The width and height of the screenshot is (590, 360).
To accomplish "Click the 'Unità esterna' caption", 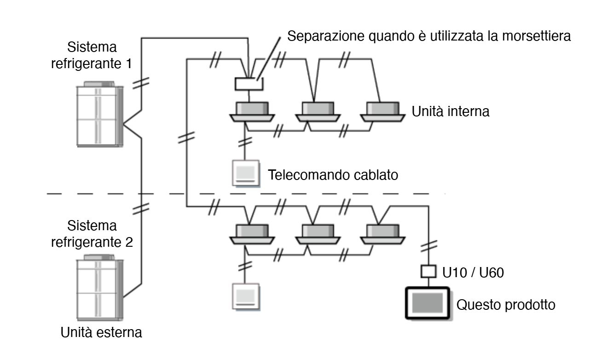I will point(101,332).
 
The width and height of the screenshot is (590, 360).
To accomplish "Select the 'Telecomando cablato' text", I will point(333,175).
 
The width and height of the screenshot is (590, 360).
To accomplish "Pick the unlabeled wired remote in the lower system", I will point(245,296).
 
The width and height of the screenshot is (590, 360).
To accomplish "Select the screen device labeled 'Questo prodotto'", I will point(427,303).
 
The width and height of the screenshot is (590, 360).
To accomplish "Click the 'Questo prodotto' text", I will point(506,305).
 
